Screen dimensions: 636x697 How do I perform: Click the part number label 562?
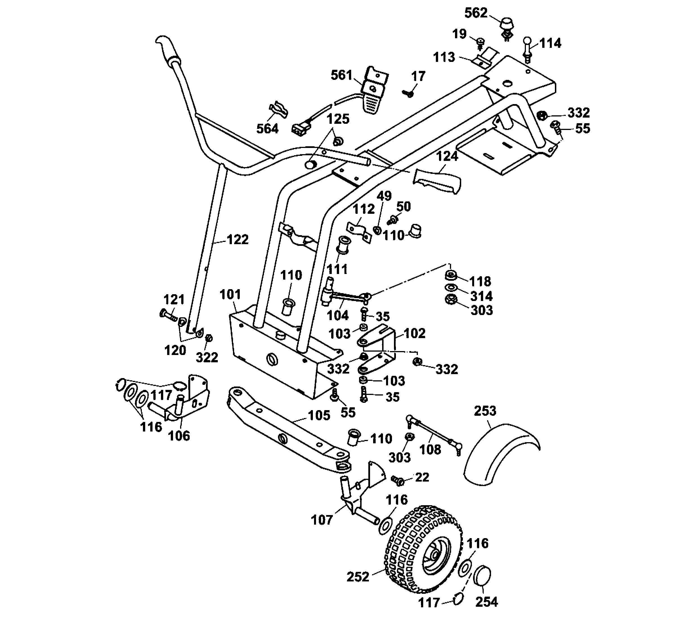476,13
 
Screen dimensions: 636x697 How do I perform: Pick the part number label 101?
230,295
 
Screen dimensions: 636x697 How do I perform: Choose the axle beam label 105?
319,415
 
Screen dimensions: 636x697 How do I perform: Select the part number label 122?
237,240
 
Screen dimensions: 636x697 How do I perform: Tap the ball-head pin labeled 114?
528,48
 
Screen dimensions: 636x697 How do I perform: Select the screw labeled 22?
398,480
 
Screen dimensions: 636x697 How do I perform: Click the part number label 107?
322,520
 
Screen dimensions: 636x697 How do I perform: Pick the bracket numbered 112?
359,231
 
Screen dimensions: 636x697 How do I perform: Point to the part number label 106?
179,436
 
